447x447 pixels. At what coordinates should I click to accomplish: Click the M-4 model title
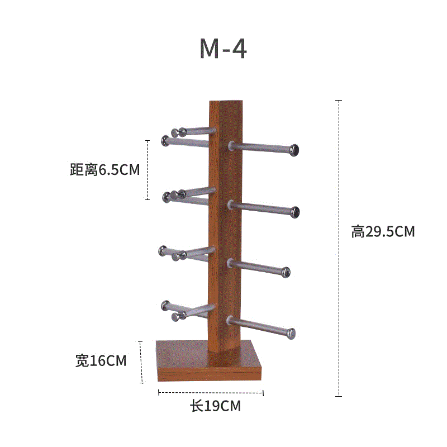223,49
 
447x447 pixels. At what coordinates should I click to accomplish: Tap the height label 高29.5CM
383,231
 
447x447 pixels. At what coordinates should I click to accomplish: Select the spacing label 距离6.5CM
105,170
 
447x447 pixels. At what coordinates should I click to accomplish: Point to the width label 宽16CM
101,360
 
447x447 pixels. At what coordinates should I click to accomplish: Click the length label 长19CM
216,406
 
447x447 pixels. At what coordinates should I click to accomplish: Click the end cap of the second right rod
294,212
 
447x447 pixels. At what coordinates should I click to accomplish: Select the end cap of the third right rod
286,272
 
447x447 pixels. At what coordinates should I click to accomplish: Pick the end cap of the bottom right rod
291,334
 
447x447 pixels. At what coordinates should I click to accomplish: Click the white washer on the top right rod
231,146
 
